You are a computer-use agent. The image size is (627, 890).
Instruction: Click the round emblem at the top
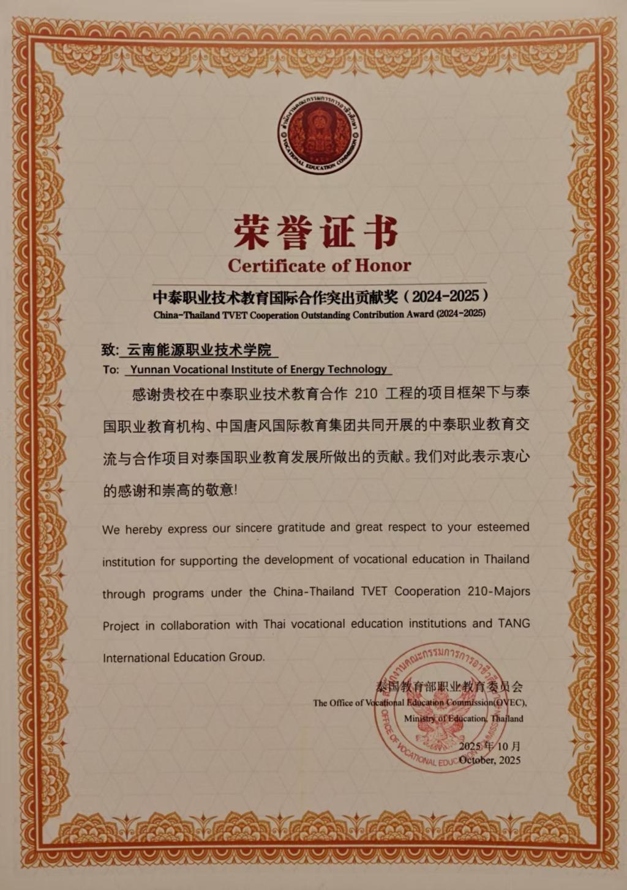point(319,133)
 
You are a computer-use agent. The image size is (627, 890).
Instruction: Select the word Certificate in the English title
point(276,265)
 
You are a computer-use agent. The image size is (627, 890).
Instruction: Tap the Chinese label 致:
point(110,350)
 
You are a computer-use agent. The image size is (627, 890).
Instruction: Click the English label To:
point(110,369)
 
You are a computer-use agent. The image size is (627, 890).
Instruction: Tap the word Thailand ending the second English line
point(506,559)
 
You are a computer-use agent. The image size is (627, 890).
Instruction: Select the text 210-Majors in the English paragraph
point(497,591)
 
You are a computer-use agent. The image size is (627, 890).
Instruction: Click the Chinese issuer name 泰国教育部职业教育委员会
point(449,686)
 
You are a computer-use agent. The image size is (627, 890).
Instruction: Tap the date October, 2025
point(489,760)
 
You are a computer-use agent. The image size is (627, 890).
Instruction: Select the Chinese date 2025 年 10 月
point(489,746)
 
